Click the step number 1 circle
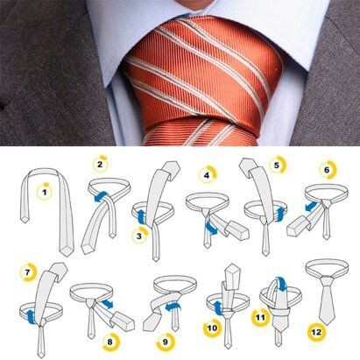tap(45, 192)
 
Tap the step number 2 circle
tap(100, 164)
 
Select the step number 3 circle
tap(139, 236)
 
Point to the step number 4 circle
tap(207, 175)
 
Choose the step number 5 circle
tap(277, 166)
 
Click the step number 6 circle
tap(327, 170)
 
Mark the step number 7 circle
tap(27, 272)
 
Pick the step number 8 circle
tap(110, 342)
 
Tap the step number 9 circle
tap(166, 341)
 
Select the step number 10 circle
tap(212, 328)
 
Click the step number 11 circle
tap(260, 317)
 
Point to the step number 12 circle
tap(316, 332)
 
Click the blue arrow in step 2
tap(102, 197)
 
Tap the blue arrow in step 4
tap(212, 228)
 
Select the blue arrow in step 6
tap(310, 206)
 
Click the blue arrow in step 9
tap(173, 307)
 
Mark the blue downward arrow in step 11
tap(281, 284)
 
